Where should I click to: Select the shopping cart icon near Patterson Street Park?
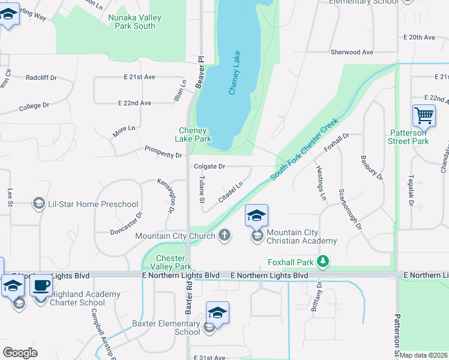click(424, 116)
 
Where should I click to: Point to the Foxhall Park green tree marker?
click(324, 261)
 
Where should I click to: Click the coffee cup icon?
click(41, 286)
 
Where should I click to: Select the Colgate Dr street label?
click(209, 166)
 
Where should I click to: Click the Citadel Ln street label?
click(231, 193)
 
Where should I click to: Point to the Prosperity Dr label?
click(163, 155)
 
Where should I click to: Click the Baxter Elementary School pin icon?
click(217, 313)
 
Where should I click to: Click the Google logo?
click(20, 353)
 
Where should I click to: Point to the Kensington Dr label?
click(166, 196)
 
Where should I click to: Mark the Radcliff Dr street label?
click(41, 77)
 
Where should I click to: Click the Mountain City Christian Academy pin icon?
click(256, 216)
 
